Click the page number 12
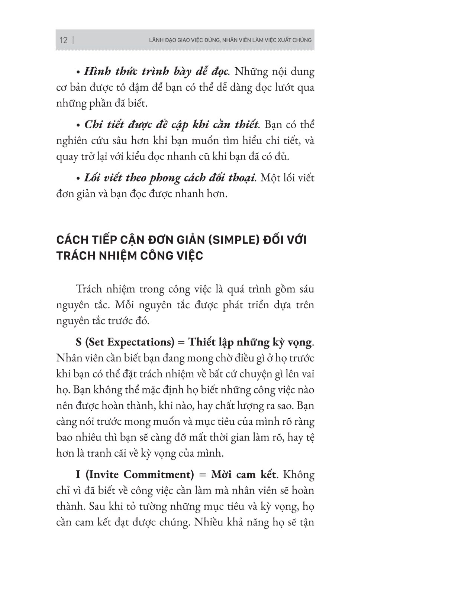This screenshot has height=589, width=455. [x=64, y=40]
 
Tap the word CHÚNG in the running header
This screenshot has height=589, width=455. [x=302, y=40]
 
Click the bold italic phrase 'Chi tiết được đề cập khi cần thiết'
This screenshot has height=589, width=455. [x=171, y=125]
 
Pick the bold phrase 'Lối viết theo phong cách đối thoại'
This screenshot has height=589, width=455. [x=170, y=178]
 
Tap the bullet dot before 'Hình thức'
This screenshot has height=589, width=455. [x=78, y=71]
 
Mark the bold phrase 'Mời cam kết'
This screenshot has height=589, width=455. [x=243, y=475]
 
